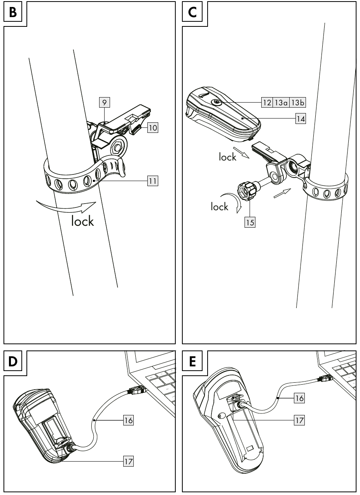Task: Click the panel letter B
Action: [13, 12]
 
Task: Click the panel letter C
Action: [192, 12]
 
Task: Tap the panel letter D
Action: [13, 361]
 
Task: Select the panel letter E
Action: [192, 361]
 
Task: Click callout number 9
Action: [104, 103]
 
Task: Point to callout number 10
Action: [152, 127]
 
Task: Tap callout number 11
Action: [152, 181]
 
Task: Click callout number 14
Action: [300, 119]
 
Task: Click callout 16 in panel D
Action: [128, 420]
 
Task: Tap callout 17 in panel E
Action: [299, 420]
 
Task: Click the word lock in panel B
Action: [82, 221]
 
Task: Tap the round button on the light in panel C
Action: [216, 102]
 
